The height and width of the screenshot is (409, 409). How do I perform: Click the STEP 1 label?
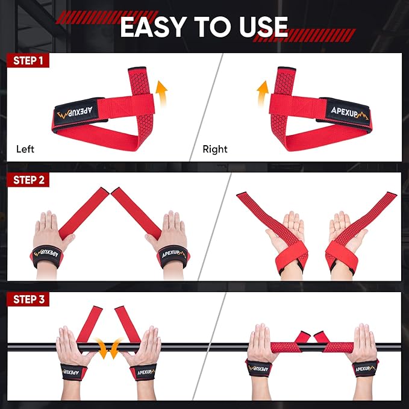tap(28, 60)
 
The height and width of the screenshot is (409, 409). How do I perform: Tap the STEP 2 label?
tap(28, 180)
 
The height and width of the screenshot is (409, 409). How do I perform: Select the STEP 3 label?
tap(28, 299)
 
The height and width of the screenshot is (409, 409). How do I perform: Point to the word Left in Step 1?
tap(25, 148)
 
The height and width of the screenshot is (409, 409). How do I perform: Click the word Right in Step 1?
tap(215, 148)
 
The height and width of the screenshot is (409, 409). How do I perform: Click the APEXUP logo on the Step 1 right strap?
tap(347, 110)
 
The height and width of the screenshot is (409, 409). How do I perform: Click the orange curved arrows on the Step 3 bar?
tap(108, 348)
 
